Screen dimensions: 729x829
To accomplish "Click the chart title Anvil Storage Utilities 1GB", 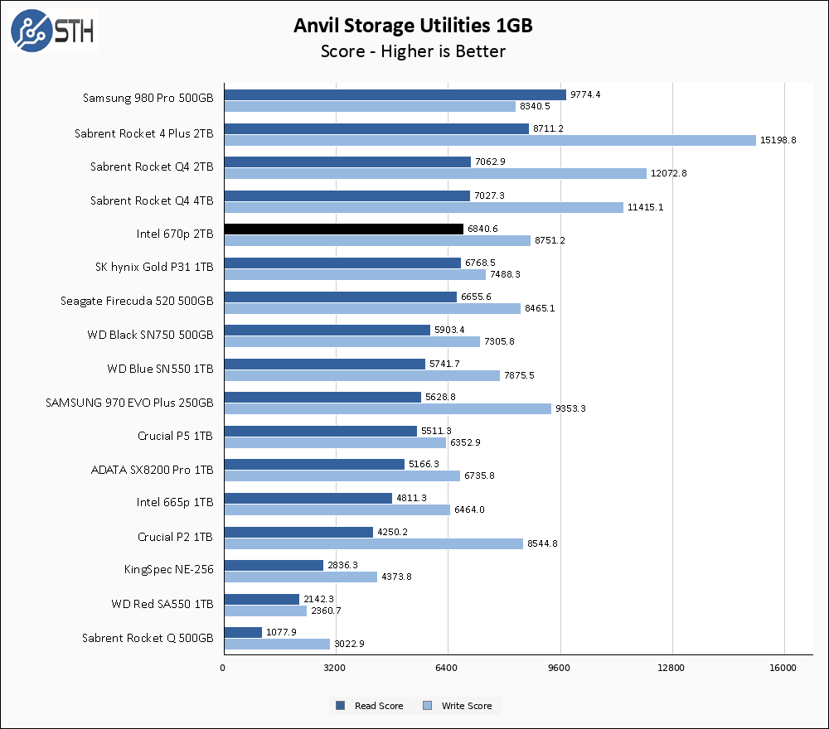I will click(413, 26).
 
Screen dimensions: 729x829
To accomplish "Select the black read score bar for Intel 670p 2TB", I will click(343, 229).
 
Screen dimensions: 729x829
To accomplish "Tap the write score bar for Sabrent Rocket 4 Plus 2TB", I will click(489, 140).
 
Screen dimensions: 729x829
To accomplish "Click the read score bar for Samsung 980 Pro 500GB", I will click(395, 94).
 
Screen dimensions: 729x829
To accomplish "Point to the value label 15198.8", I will click(778, 140).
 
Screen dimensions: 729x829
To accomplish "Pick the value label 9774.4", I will click(585, 94).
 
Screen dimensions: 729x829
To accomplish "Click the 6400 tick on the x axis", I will click(448, 668).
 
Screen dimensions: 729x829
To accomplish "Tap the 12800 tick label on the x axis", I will click(671, 668).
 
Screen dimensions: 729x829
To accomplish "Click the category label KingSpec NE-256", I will click(168, 571).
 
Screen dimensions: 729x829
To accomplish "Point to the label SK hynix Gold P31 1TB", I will click(154, 268).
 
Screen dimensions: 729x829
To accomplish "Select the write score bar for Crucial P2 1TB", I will click(373, 543).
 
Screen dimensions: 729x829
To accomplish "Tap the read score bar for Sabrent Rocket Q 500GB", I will click(242, 632).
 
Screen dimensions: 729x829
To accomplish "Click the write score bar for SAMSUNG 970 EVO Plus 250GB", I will click(387, 408).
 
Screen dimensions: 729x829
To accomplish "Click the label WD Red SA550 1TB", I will click(162, 605).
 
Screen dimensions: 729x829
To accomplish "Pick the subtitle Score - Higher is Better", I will click(413, 51).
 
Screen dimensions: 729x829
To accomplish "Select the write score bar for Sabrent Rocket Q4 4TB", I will click(423, 207).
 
